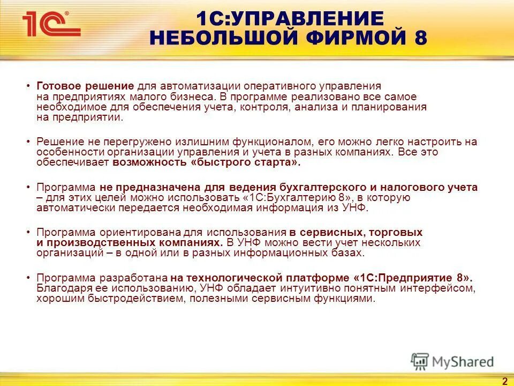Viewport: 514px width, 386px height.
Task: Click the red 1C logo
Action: coord(50,25)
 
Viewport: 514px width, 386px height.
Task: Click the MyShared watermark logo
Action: coord(452,361)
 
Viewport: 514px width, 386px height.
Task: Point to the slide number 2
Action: coord(504,381)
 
